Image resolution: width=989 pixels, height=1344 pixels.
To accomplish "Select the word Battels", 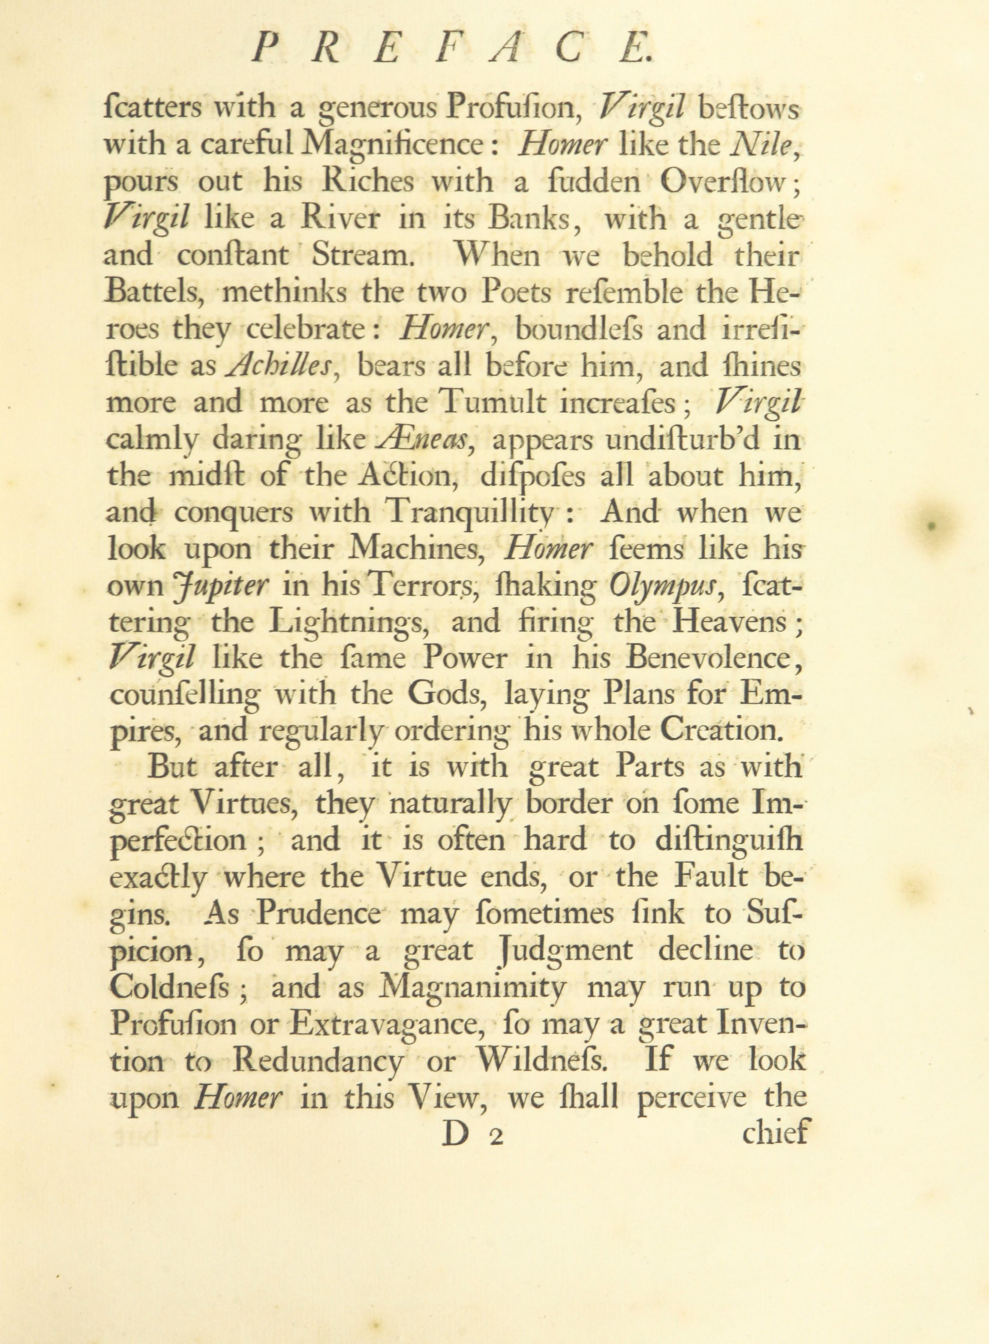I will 155,293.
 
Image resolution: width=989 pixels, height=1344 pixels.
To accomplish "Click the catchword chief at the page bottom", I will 775,1133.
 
